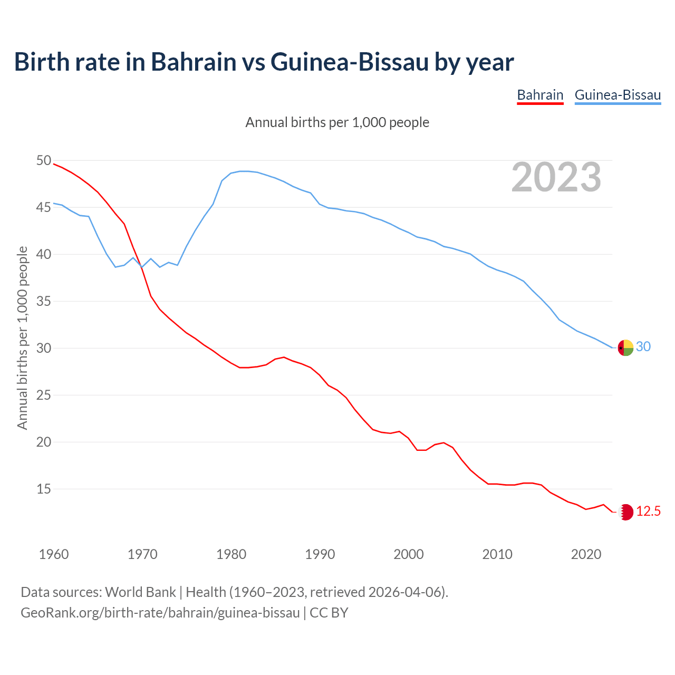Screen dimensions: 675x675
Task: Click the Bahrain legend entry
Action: tap(540, 95)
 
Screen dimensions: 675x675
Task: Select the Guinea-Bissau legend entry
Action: tap(618, 95)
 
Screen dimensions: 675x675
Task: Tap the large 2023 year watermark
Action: tap(556, 177)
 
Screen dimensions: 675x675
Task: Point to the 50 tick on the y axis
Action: tap(44, 160)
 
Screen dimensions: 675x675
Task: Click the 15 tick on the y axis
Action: tap(44, 489)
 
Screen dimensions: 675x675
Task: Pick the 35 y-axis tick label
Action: tap(44, 301)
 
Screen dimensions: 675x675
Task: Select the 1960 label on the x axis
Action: tap(54, 554)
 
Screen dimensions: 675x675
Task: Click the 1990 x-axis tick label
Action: tap(320, 554)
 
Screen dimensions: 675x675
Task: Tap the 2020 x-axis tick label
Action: tap(586, 554)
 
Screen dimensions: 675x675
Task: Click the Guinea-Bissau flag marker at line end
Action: tap(625, 348)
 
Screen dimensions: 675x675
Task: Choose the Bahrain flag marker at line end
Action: tap(625, 512)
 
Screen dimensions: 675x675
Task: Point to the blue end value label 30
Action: tap(643, 346)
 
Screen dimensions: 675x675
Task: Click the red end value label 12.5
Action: tap(648, 511)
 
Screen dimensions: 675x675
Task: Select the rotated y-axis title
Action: tap(22, 337)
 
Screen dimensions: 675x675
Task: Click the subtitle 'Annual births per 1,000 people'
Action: tap(337, 122)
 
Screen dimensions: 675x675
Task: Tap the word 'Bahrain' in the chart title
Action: tap(194, 62)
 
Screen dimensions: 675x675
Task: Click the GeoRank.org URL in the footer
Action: tap(160, 612)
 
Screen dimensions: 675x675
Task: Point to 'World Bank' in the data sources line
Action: tap(140, 592)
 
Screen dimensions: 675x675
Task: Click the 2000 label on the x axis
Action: tap(409, 554)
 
